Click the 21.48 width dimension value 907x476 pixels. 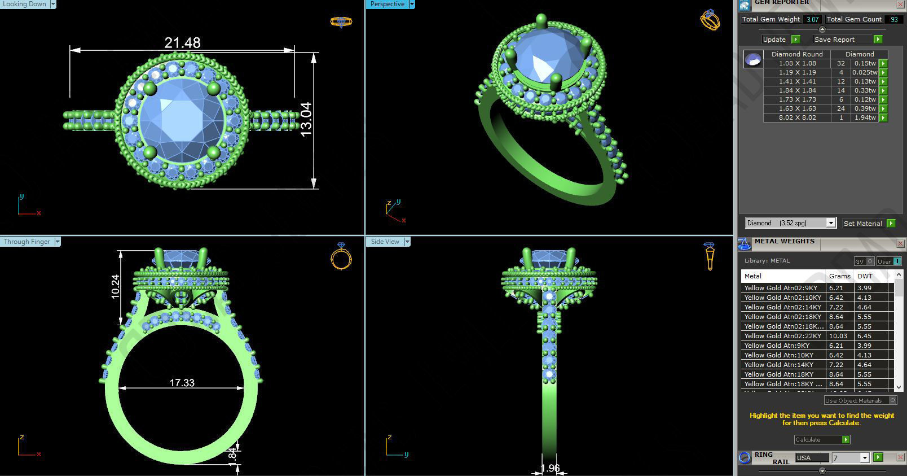(182, 43)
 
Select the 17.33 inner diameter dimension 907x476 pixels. (182, 383)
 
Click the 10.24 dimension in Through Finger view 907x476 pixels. (116, 286)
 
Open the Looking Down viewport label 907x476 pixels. (25, 4)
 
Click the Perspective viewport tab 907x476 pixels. (388, 4)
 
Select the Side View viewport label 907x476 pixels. (385, 242)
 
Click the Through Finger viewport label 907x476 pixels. (27, 242)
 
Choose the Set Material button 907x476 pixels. (862, 224)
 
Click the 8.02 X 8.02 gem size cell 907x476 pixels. (797, 118)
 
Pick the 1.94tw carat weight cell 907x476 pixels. (864, 118)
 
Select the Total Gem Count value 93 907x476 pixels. (893, 19)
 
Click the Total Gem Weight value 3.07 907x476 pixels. (812, 19)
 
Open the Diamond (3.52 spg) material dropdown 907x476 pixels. (790, 223)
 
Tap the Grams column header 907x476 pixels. (839, 276)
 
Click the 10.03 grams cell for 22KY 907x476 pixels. (838, 336)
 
